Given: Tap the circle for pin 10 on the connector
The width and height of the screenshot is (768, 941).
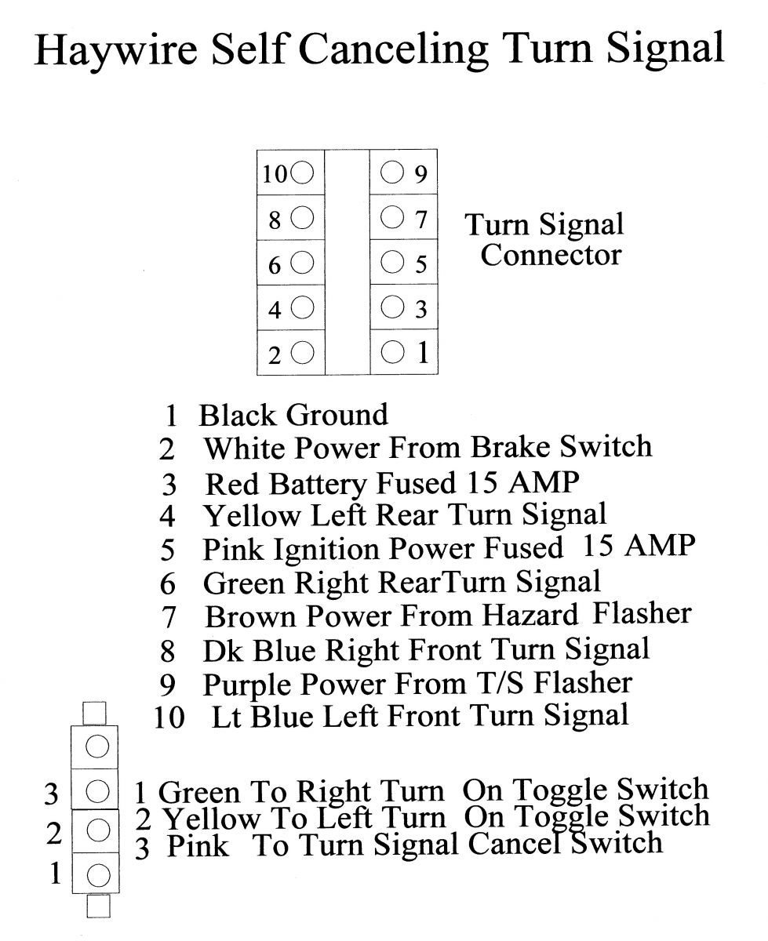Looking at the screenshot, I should [304, 173].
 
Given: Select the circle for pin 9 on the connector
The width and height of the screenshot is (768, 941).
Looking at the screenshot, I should [392, 172].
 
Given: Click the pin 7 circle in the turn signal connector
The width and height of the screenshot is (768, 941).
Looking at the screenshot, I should [392, 216].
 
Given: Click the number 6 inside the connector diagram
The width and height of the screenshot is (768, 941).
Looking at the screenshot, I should [275, 266].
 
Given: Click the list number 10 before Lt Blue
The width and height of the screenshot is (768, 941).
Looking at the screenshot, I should [169, 718].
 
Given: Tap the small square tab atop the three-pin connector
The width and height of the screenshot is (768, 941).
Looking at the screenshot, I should [95, 713].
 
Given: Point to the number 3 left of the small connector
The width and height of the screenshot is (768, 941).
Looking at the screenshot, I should [52, 794].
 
